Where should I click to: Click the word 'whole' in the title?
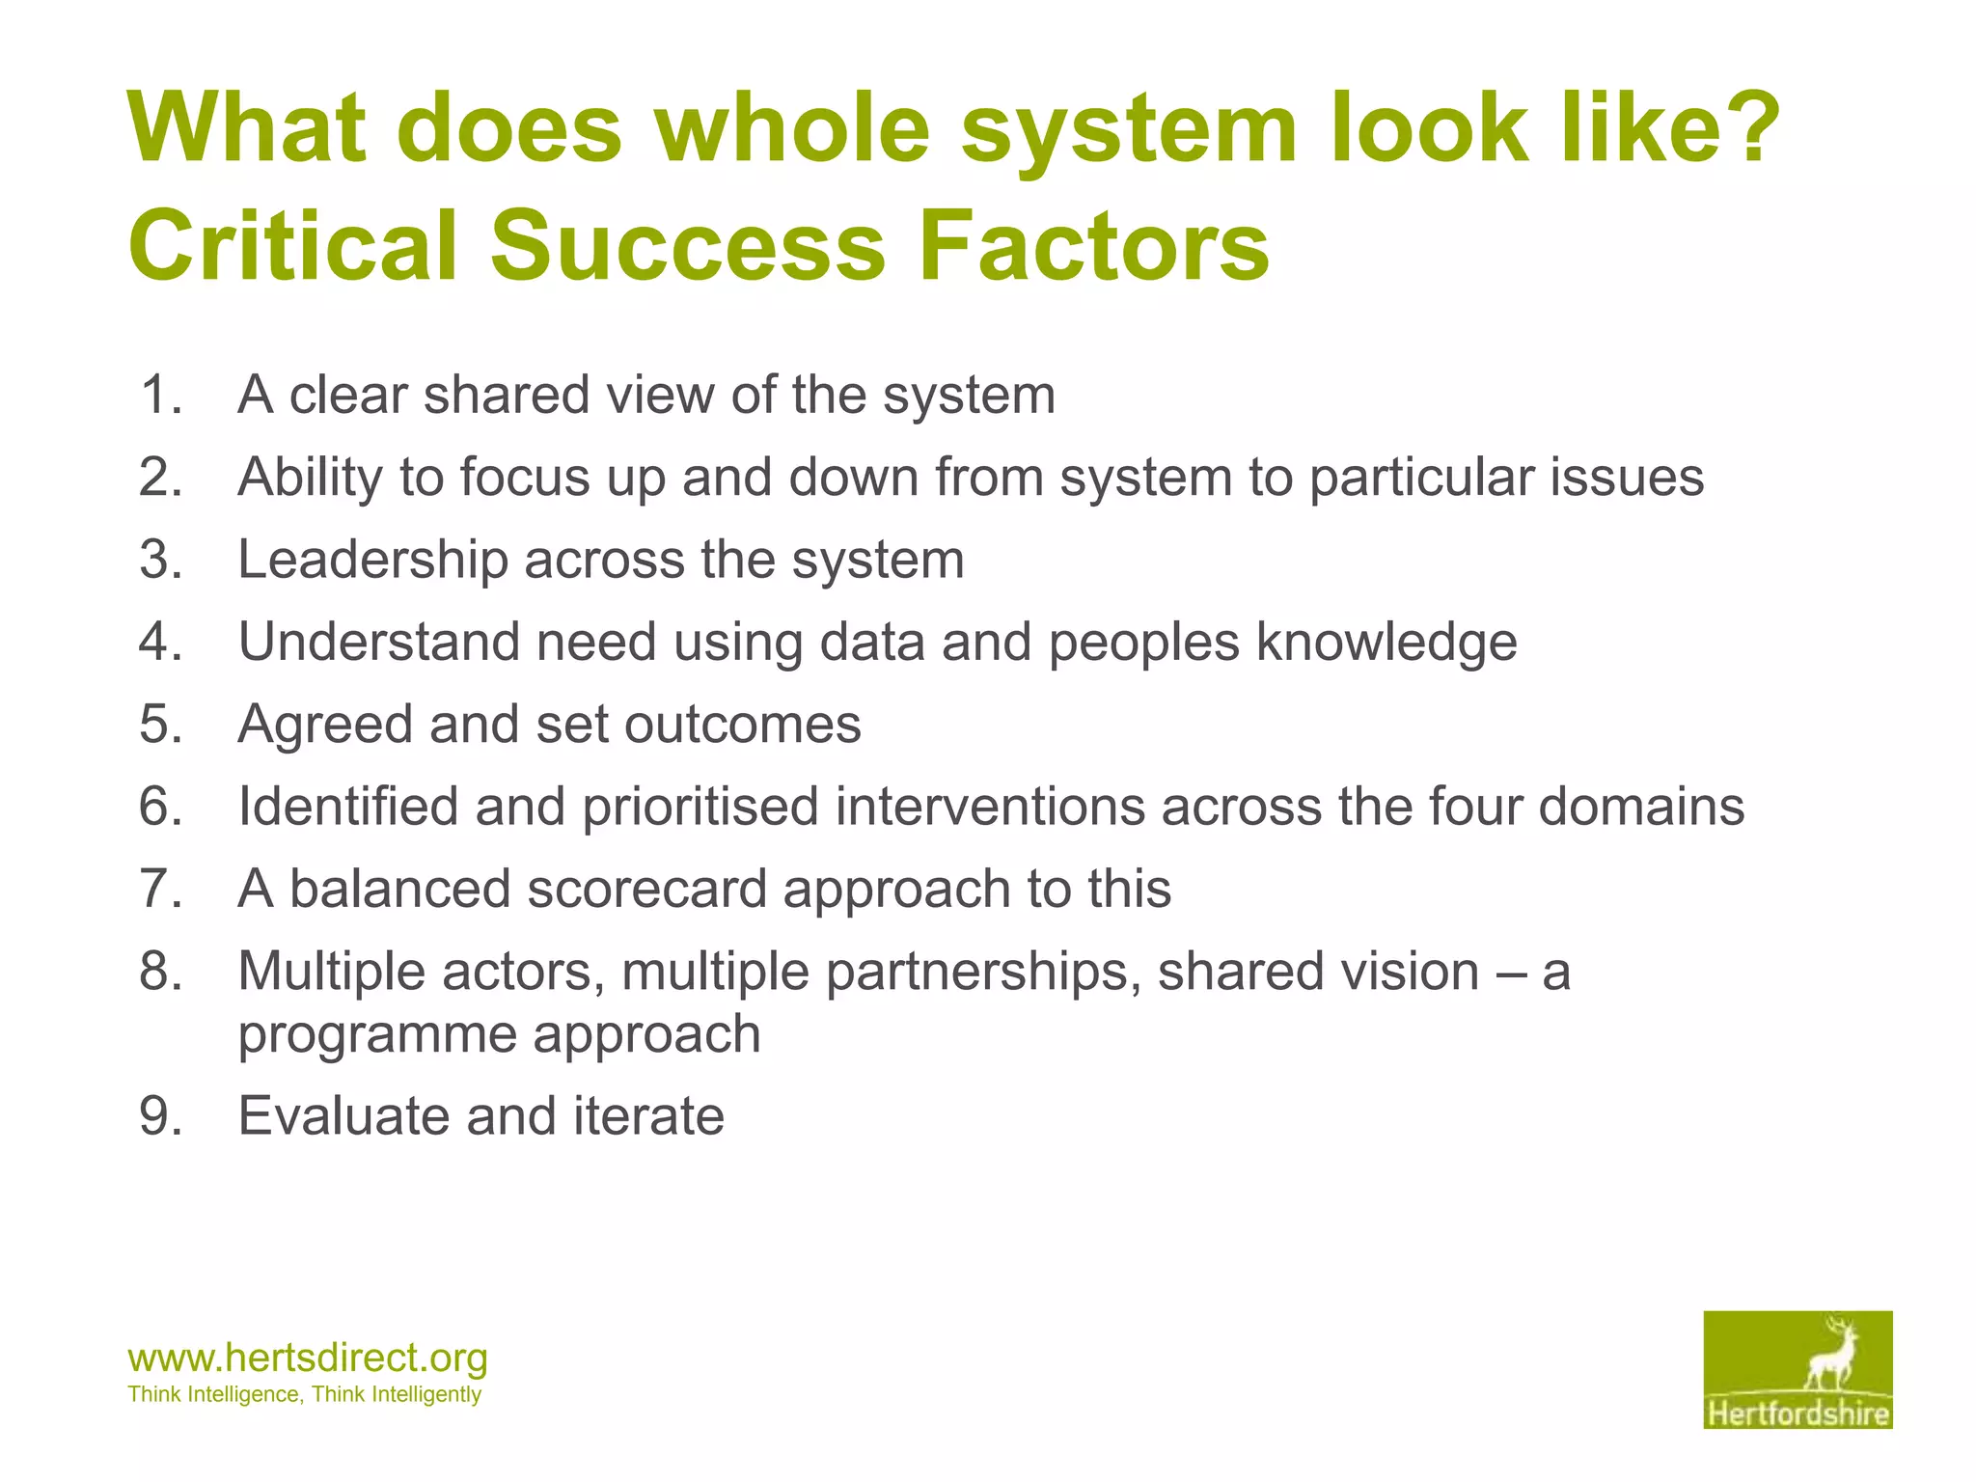point(793,128)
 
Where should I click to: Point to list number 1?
point(160,395)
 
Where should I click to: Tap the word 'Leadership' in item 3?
point(372,560)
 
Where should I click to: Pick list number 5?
point(160,724)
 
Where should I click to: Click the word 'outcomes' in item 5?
point(743,724)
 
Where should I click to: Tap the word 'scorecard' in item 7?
point(646,889)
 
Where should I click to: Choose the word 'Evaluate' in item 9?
point(343,1116)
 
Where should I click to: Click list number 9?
point(160,1116)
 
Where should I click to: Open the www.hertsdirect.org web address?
point(308,1358)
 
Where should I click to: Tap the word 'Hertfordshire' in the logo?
point(1798,1414)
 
